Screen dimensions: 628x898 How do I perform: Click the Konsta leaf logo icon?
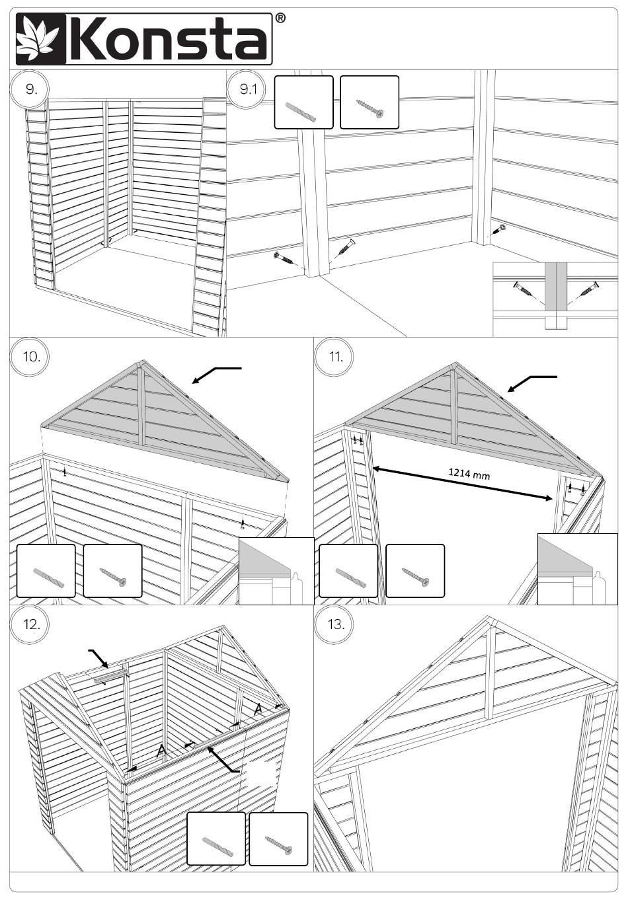[x=38, y=39]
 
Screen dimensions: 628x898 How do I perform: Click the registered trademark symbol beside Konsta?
[x=280, y=19]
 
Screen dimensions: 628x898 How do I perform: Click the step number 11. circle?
[x=335, y=357]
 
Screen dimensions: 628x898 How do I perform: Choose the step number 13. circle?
[x=335, y=624]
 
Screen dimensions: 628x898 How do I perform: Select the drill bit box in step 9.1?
[x=303, y=102]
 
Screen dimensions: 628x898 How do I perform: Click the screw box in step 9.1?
[x=369, y=102]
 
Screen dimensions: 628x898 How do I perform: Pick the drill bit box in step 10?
[x=46, y=571]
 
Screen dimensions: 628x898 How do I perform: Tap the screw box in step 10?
[x=112, y=571]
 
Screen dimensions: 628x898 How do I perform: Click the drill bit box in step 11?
[x=348, y=571]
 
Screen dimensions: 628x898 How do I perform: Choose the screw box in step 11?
[x=414, y=571]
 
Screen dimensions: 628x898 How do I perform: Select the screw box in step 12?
[x=278, y=839]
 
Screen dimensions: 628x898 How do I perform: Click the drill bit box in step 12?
[x=216, y=839]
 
